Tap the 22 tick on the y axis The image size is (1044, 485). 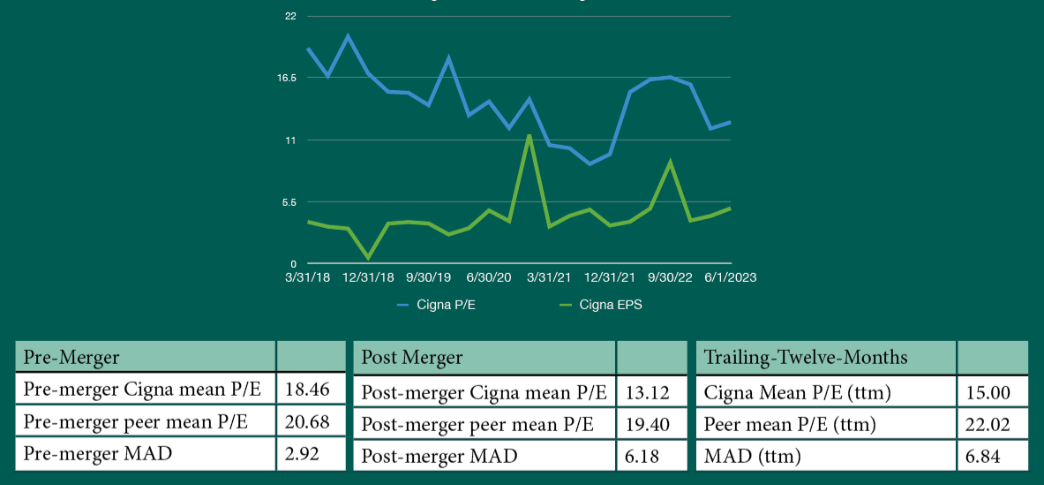pyautogui.click(x=290, y=16)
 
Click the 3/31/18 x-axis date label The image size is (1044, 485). pyautogui.click(x=307, y=277)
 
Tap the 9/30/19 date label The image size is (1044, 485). pyautogui.click(x=429, y=277)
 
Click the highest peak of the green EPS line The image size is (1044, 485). pyautogui.click(x=529, y=135)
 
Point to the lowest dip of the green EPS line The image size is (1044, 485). pyautogui.click(x=368, y=257)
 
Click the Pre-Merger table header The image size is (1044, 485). pyautogui.click(x=71, y=357)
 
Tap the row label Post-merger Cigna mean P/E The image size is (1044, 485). pyautogui.click(x=484, y=392)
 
